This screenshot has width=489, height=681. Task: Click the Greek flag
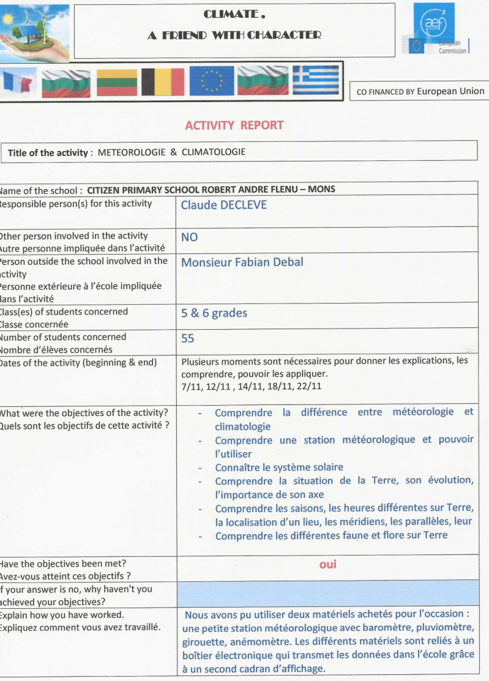(315, 80)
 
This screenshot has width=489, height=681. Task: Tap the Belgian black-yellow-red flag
(162, 82)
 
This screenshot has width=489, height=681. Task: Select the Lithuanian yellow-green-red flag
(116, 83)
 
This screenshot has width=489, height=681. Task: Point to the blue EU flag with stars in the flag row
(211, 81)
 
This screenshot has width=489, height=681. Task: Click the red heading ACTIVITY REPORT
(234, 125)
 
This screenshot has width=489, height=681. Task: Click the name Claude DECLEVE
(223, 205)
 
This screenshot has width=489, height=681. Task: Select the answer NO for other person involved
(189, 237)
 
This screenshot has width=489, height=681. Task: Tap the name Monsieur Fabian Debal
(242, 262)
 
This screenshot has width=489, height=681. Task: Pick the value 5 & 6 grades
(214, 313)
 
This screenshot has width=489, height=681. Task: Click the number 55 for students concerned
(187, 338)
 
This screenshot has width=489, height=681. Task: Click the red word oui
(328, 564)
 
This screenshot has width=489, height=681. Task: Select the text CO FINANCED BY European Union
(420, 92)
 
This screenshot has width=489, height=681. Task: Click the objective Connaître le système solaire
(278, 467)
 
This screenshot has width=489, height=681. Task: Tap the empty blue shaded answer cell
(327, 594)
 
